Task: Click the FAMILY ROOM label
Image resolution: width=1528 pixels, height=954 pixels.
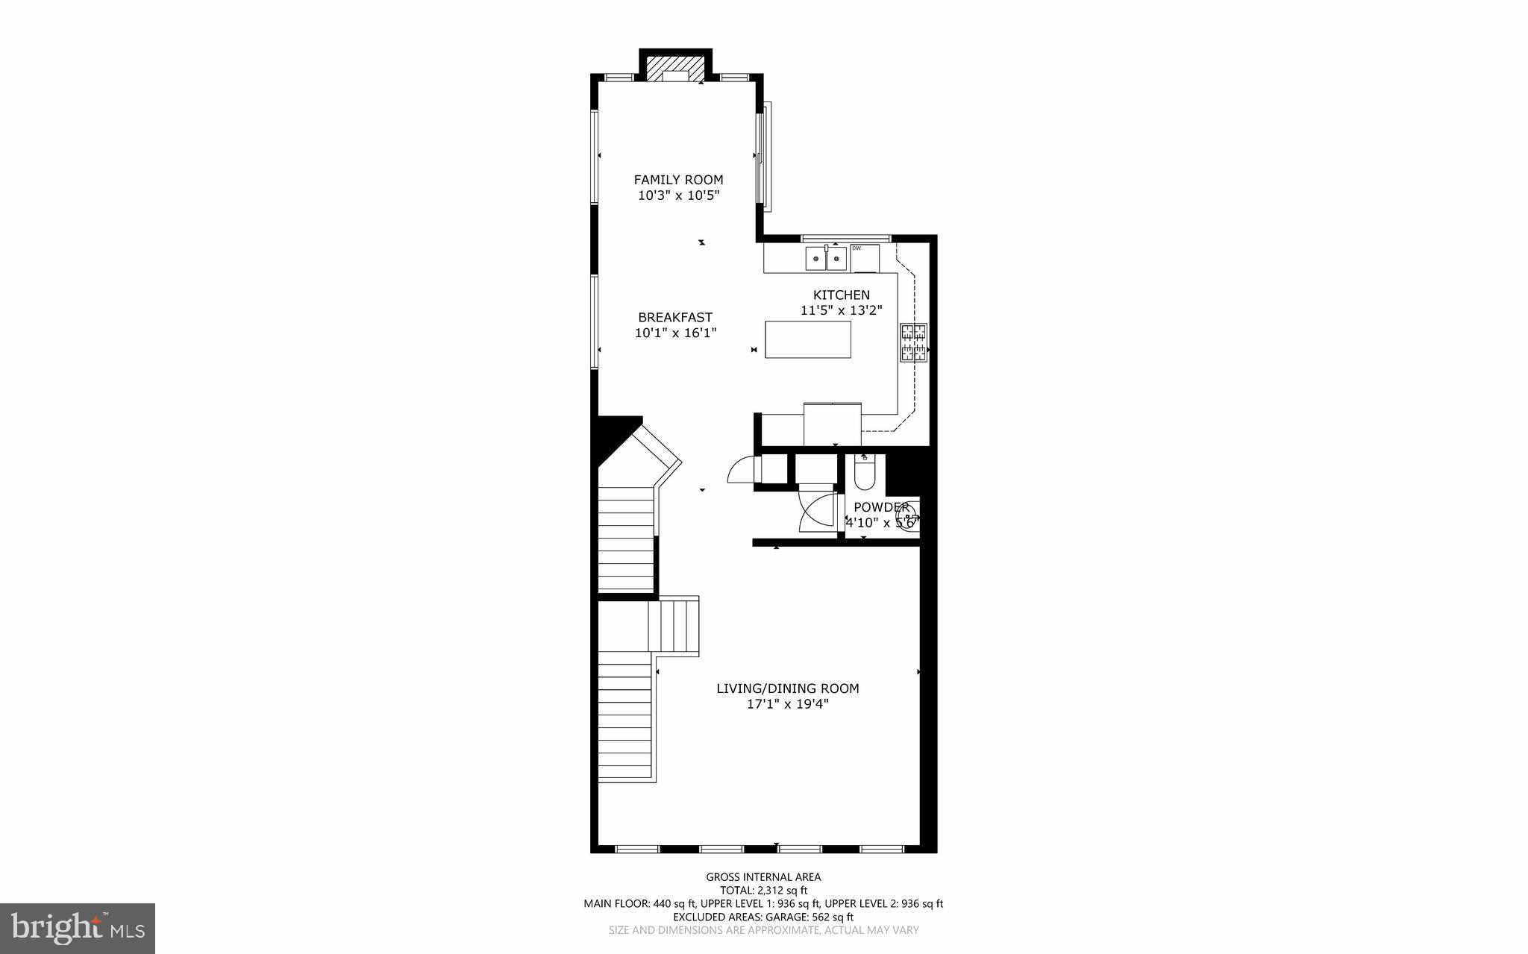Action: pyautogui.click(x=678, y=180)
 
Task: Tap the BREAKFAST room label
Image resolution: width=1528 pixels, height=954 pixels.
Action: pyautogui.click(x=675, y=317)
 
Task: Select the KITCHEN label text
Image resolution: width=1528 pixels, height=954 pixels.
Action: pyautogui.click(x=841, y=295)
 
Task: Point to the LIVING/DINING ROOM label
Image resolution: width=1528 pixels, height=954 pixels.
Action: pyautogui.click(x=787, y=688)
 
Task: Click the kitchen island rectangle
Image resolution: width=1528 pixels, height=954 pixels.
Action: pyautogui.click(x=808, y=339)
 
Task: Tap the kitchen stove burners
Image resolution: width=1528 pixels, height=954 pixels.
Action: pyautogui.click(x=914, y=343)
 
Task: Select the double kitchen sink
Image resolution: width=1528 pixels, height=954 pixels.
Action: pyautogui.click(x=826, y=259)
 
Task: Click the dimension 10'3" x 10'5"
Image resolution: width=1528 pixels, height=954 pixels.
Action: pyautogui.click(x=678, y=195)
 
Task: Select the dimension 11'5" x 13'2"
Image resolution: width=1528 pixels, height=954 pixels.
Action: pyautogui.click(x=842, y=310)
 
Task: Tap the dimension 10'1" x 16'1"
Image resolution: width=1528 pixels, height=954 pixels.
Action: pyautogui.click(x=675, y=333)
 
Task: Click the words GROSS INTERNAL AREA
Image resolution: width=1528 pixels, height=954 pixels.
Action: pyautogui.click(x=763, y=877)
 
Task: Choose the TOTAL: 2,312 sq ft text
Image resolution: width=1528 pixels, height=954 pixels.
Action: pyautogui.click(x=763, y=890)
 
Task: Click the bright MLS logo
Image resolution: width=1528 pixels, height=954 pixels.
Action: pyautogui.click(x=78, y=928)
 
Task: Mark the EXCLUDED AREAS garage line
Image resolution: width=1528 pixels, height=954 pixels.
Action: pyautogui.click(x=763, y=917)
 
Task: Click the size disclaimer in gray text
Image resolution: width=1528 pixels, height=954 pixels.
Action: pyautogui.click(x=763, y=930)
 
